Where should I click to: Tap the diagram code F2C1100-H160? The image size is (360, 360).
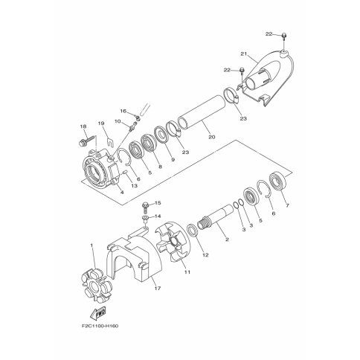pyautogui.click(x=100, y=326)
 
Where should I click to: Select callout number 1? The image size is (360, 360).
pyautogui.click(x=91, y=245)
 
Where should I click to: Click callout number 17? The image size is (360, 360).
pyautogui.click(x=158, y=289)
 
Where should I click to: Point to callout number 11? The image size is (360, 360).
pyautogui.click(x=187, y=272)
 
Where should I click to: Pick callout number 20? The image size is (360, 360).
pyautogui.click(x=212, y=137)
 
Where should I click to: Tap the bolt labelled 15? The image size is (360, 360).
pyautogui.click(x=145, y=208)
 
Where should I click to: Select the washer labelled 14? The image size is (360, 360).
pyautogui.click(x=145, y=219)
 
